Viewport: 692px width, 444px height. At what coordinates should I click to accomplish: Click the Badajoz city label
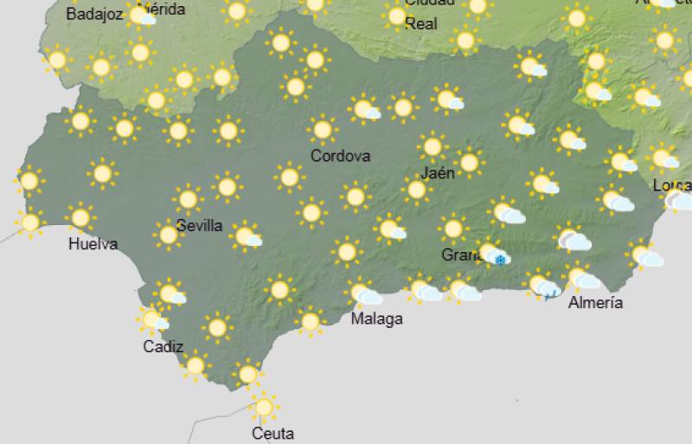[94, 15]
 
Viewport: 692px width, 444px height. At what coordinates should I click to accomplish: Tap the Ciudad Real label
[421, 16]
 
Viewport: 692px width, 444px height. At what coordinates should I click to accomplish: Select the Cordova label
[340, 157]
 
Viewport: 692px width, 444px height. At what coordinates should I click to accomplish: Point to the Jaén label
[439, 173]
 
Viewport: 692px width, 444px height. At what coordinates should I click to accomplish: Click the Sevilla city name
[199, 226]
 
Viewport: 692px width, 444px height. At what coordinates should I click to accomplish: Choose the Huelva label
[93, 244]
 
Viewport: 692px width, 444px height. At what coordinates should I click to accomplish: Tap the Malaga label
[376, 319]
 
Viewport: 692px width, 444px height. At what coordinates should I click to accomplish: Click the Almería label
[595, 302]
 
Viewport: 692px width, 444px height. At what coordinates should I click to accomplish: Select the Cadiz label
[163, 347]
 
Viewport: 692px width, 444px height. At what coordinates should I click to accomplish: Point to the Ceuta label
[272, 433]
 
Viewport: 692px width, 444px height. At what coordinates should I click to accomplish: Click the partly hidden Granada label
[458, 255]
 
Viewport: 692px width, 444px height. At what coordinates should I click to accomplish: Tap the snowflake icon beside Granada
[499, 259]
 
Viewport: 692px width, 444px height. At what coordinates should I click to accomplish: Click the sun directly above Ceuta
[264, 405]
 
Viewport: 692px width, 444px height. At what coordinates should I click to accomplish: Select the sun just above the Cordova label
[322, 130]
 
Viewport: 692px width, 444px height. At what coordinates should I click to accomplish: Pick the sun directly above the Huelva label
[80, 216]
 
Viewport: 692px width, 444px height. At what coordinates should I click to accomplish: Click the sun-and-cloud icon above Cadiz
[153, 321]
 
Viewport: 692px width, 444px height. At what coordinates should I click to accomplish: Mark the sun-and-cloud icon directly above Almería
[582, 278]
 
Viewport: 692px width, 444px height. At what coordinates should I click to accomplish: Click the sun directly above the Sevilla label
[188, 199]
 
